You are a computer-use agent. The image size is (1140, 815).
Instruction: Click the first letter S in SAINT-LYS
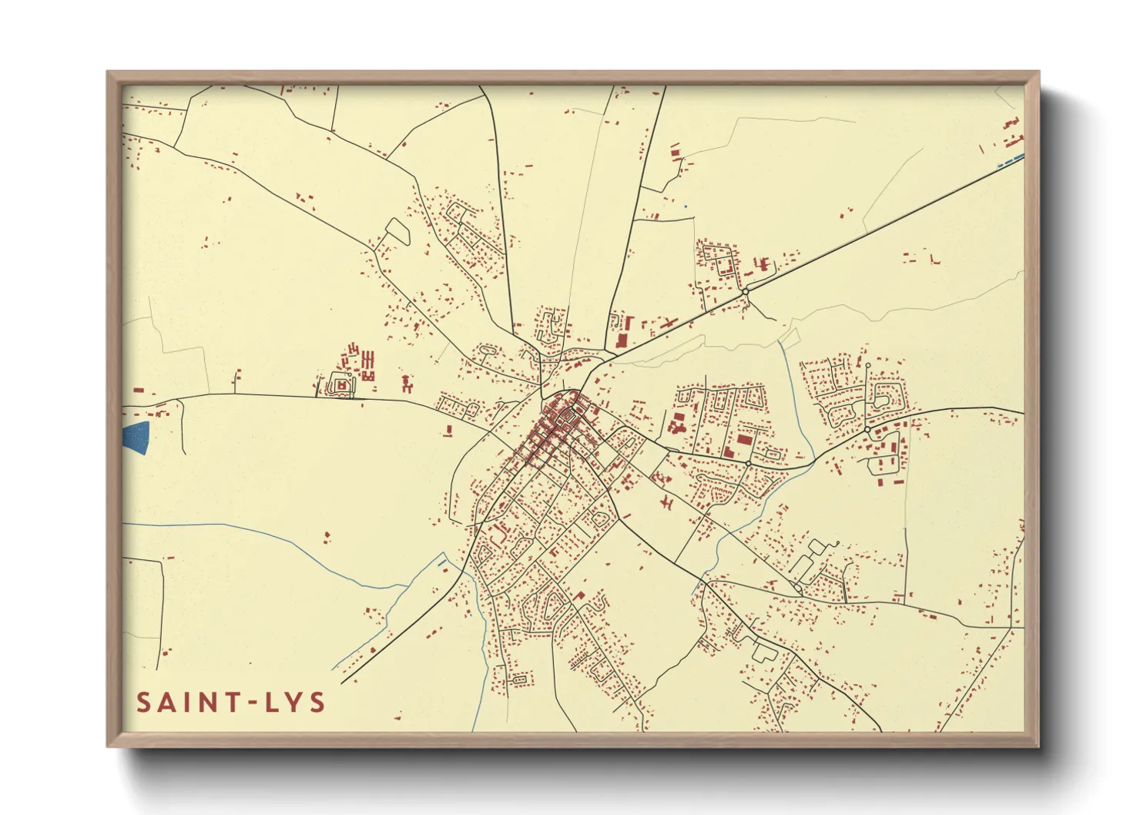point(144,703)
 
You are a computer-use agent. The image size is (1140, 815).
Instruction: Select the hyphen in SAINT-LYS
point(248,703)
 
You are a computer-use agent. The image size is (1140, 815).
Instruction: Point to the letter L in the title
point(269,703)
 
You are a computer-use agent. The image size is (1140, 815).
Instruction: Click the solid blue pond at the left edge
point(136,438)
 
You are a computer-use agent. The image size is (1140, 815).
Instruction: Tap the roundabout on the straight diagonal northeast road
point(745,291)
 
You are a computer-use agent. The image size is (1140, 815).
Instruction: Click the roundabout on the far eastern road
point(867,429)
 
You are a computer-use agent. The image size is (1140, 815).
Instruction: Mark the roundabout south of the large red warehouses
point(749,463)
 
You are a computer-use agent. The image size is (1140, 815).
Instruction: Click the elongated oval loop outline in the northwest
point(397,231)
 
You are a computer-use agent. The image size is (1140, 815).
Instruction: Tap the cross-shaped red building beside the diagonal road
point(668,324)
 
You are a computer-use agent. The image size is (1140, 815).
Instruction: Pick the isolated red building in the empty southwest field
point(327,535)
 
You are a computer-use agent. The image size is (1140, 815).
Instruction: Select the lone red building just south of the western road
point(448,430)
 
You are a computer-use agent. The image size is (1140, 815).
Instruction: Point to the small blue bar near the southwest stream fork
point(441,563)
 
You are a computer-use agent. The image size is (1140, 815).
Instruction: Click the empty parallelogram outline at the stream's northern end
point(790,337)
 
